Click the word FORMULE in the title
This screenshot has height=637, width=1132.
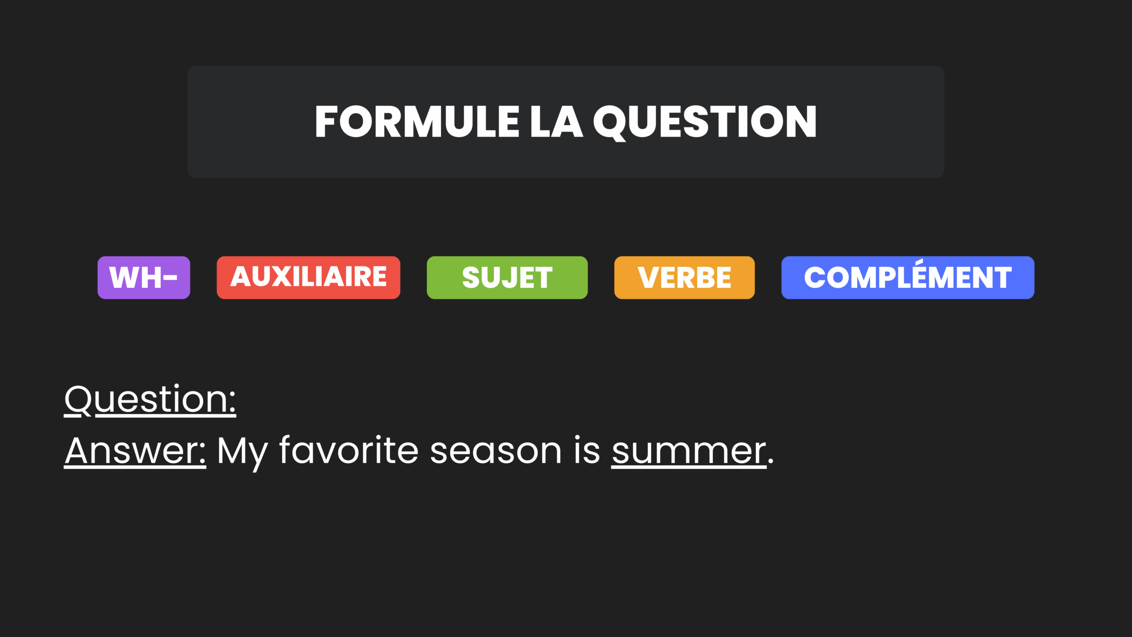tap(417, 122)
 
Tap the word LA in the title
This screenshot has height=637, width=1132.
tap(556, 122)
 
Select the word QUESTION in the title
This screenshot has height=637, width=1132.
tap(705, 123)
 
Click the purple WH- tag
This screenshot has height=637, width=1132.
tap(144, 277)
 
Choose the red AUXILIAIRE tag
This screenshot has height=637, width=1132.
tap(308, 277)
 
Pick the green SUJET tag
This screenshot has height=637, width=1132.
tap(507, 277)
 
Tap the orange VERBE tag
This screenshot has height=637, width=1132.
tap(685, 277)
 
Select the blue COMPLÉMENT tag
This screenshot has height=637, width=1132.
tap(908, 277)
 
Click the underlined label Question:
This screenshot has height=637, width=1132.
tap(150, 400)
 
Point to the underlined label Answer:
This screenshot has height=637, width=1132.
tap(135, 451)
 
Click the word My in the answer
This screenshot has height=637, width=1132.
tap(243, 454)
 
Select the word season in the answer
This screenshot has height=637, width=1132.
tap(496, 453)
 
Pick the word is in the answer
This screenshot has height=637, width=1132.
tap(587, 450)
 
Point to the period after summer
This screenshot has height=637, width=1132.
tap(771, 461)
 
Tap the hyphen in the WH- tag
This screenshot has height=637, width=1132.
tap(170, 278)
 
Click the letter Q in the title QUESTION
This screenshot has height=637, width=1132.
tap(610, 123)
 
